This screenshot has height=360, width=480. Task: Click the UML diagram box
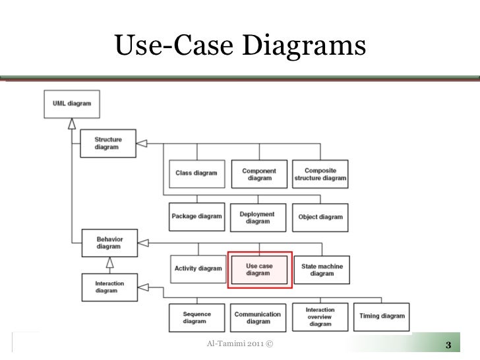pos(73,104)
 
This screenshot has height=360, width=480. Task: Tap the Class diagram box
pos(196,173)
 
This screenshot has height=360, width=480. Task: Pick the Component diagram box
pos(258,173)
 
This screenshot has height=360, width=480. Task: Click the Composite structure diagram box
pos(320,173)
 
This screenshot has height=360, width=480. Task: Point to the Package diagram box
pos(196,217)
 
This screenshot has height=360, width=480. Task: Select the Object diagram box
pos(320,217)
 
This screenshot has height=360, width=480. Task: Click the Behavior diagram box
pos(109,242)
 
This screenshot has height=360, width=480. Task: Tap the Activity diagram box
pos(198,269)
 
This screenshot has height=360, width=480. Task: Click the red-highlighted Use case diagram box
pos(258,270)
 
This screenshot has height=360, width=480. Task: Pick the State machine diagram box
pos(322,270)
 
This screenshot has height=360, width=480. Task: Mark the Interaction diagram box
pos(109,287)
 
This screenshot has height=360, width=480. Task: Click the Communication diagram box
pos(258,318)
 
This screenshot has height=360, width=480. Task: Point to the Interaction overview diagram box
pos(320,317)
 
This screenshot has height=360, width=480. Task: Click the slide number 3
pos(448,346)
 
